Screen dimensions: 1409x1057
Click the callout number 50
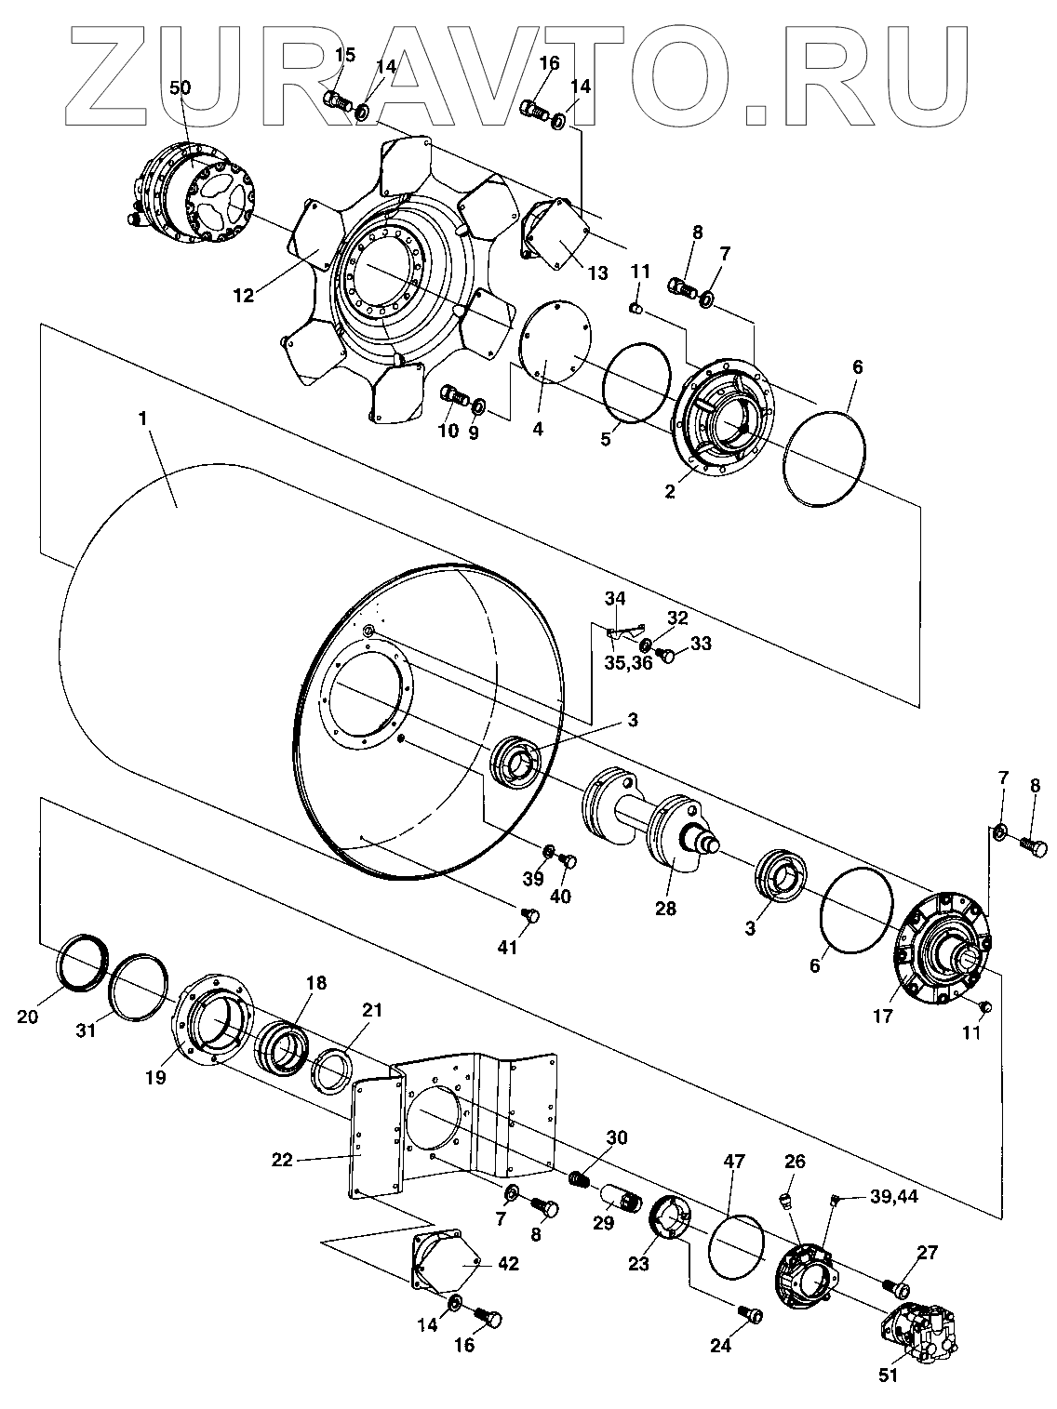(180, 87)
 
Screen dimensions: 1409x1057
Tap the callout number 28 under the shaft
(666, 908)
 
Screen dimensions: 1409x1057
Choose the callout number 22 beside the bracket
(282, 1160)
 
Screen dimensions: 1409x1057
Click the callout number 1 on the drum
(142, 419)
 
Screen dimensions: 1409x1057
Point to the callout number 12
(243, 296)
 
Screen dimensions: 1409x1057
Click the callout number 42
(508, 1264)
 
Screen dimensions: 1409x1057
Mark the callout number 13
(596, 272)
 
